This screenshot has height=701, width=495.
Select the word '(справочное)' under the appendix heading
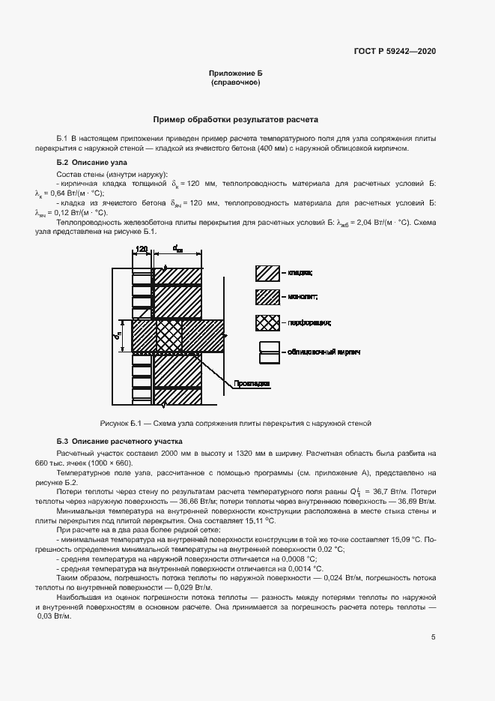click(236, 83)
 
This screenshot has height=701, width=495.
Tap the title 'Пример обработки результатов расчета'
click(236, 119)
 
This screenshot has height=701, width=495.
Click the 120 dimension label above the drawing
click(142, 249)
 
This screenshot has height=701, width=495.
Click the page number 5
click(434, 637)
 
